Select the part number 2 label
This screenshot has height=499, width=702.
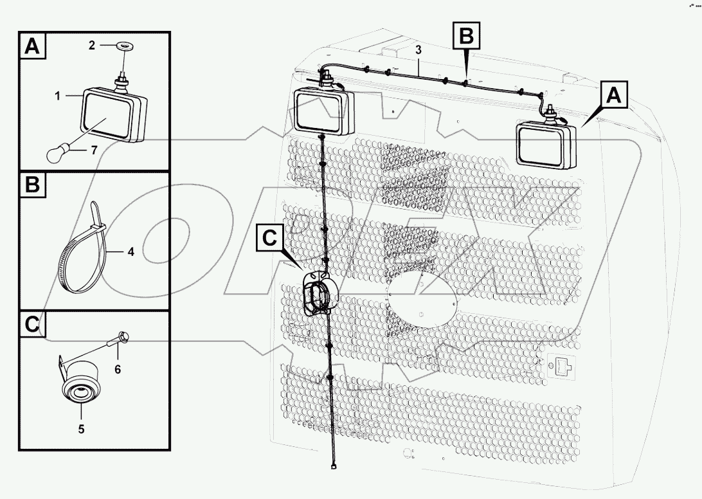pos(92,45)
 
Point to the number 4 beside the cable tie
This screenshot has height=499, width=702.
pos(130,252)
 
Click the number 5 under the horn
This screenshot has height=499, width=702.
pos(81,429)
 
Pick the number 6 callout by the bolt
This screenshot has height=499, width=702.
pos(118,369)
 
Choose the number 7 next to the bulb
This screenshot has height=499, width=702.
pos(94,150)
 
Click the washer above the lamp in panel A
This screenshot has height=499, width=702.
pos(122,46)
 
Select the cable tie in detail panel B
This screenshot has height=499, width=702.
pos(87,252)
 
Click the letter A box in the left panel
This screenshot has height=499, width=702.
pos(34,46)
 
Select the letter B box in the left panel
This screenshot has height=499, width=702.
pos(33,185)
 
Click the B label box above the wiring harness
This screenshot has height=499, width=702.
pos(467,36)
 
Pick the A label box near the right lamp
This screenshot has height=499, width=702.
pos(615,96)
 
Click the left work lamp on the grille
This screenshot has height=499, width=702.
pos(325,113)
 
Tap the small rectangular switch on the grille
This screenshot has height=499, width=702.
pos(561,368)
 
